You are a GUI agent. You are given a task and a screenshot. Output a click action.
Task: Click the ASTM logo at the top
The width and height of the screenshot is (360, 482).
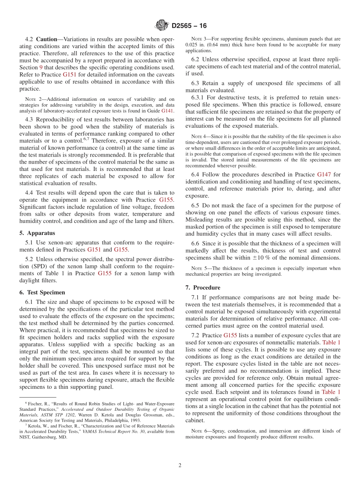[x=162, y=25]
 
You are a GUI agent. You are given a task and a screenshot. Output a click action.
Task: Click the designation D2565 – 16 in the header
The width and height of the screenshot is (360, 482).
[x=189, y=26]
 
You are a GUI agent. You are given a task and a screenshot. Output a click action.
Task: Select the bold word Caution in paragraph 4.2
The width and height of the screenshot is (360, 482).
[x=46, y=39]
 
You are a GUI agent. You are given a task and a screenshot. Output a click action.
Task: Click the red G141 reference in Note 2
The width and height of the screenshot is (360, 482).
[x=167, y=111]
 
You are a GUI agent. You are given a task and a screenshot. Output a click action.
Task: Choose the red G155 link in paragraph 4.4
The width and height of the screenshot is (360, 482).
[x=166, y=200]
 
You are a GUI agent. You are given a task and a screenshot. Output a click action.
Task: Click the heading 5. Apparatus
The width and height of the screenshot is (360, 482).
[x=37, y=233]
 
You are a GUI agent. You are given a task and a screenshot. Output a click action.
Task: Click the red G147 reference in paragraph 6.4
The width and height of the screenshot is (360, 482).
[x=324, y=174]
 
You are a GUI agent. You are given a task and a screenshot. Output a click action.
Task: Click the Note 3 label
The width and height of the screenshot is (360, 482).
[x=199, y=39]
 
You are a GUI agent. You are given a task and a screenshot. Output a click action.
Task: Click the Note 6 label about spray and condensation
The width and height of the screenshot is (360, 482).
[x=199, y=431]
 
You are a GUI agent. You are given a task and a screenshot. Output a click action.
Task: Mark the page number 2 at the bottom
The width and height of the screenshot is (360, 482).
[x=180, y=465]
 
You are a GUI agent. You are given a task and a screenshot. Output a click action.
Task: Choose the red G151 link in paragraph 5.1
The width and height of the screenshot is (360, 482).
[x=94, y=249]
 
